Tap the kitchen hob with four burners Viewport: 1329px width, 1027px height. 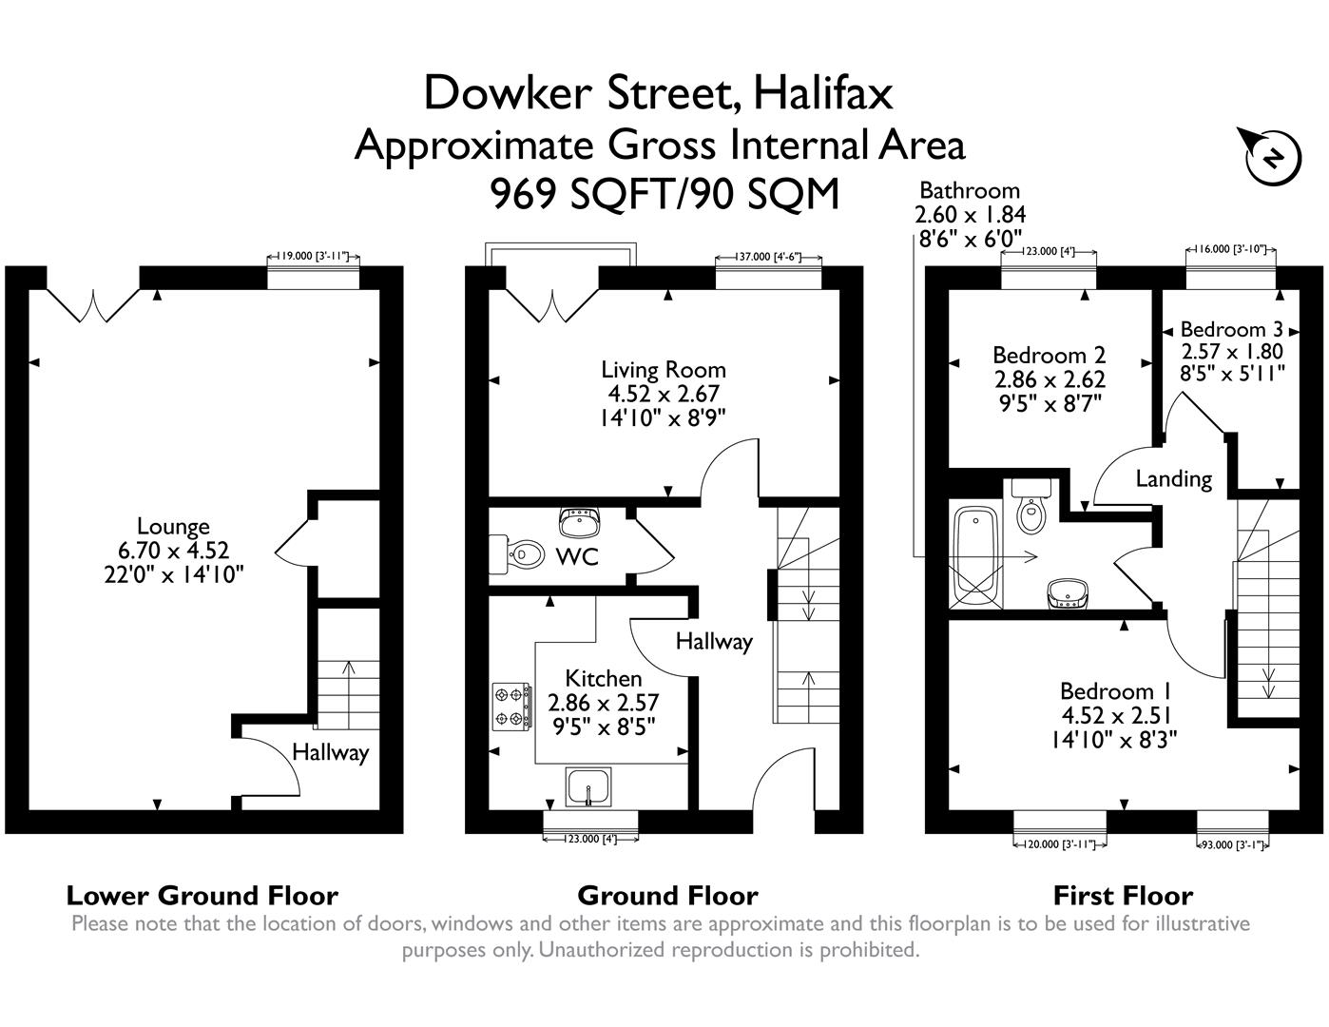509,707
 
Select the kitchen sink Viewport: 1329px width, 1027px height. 589,787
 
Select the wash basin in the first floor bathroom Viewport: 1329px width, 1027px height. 1069,593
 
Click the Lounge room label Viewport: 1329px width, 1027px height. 173,526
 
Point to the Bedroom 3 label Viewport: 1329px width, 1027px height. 1231,330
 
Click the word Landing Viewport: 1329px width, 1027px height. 1174,478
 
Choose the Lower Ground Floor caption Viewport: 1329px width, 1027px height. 202,896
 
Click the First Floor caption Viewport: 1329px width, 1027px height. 1123,896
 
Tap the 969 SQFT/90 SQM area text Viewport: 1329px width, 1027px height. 664,195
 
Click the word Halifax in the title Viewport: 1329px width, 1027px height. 823,93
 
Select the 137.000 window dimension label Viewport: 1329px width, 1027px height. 768,257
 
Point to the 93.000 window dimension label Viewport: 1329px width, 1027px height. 1232,843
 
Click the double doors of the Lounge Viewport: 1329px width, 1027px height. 93,302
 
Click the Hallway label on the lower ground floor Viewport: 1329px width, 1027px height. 330,752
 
